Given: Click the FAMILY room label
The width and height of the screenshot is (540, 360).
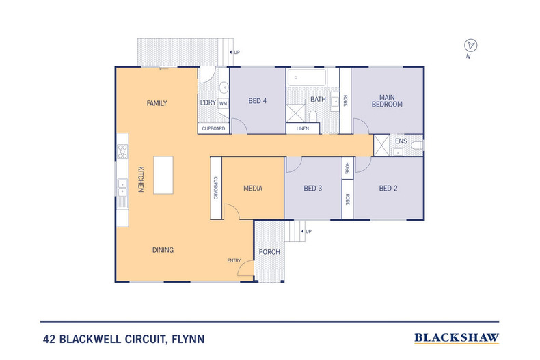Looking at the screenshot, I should coord(157,103).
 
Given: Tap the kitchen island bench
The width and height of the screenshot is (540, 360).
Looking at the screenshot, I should coord(163,175).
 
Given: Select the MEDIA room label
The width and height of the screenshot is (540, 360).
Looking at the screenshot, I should coord(253,189).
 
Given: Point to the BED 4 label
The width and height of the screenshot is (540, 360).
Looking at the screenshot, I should coord(257,102).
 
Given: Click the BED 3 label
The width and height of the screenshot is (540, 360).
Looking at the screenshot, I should coord(312,189).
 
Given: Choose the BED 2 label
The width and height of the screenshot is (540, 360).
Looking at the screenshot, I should coord(388,189).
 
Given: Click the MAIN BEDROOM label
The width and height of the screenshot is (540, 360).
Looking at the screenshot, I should coord(387,100).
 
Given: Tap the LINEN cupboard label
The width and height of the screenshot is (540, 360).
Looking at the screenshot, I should coord(303,128).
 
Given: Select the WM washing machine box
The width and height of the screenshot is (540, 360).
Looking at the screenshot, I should coord(223,103).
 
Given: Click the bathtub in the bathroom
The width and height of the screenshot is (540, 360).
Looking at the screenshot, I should coord(312,77).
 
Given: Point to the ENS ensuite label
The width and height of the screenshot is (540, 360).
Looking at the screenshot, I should coord(401,141).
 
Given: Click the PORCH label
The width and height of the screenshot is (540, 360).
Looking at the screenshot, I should coord(269,252).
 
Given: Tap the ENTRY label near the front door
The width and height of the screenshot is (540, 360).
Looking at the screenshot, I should coord(234,260).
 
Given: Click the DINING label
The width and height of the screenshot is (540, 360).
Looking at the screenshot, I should coord(163,250).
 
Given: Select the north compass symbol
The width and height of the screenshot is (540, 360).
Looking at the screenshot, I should coord(470,46).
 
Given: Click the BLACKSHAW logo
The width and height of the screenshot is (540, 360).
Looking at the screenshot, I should coord(457,337).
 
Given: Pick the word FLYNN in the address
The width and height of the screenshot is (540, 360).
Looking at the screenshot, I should coord(186,338).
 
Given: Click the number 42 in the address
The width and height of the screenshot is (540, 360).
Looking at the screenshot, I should coord(49,338).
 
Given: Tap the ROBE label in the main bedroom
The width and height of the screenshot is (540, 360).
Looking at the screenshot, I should coord(346,101).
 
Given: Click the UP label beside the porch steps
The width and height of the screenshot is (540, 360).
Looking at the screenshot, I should coord(309,232).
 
